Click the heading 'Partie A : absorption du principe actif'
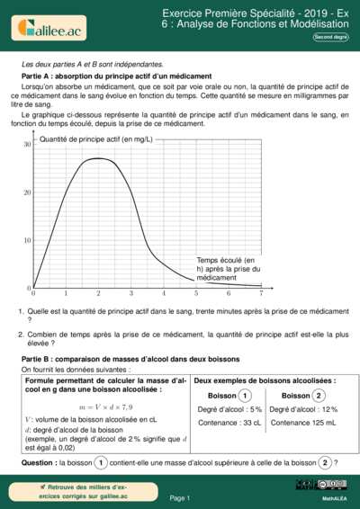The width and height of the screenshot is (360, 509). pyautogui.click(x=116, y=76)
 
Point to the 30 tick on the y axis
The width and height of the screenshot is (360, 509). pyautogui.click(x=28, y=144)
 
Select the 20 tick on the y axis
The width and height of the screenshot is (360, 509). pyautogui.click(x=28, y=192)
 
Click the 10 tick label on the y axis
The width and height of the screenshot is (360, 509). pyautogui.click(x=28, y=240)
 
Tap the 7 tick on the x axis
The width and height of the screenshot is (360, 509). pyautogui.click(x=261, y=294)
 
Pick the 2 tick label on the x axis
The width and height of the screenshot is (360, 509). pyautogui.click(x=98, y=294)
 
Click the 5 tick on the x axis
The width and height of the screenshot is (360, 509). pyautogui.click(x=196, y=294)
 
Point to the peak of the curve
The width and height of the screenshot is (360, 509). pyautogui.click(x=98, y=159)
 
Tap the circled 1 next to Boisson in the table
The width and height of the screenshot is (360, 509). pyautogui.click(x=246, y=396)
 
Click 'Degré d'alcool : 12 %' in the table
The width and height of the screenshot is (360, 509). pyautogui.click(x=302, y=409)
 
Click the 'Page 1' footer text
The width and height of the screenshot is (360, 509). pyautogui.click(x=179, y=497)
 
